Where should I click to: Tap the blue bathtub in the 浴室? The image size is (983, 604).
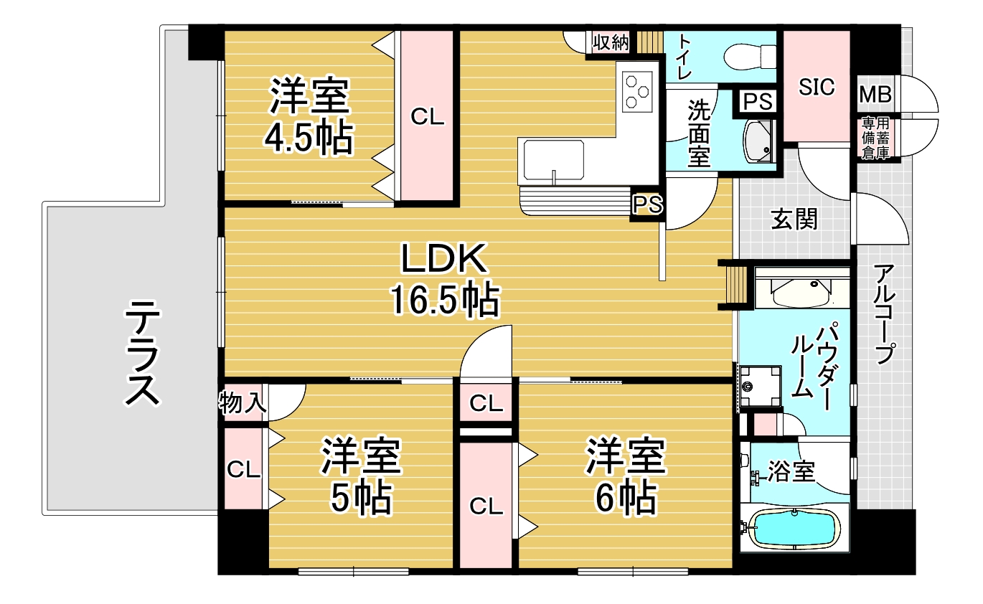795,529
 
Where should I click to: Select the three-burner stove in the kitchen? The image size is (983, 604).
636,92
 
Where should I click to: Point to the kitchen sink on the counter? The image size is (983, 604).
553,160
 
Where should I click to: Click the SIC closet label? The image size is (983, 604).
817,87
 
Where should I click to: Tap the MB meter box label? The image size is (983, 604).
875,94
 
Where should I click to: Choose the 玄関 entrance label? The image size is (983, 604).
794,219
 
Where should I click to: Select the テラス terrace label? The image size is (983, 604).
143,353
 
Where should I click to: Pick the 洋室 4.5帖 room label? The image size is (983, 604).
309,116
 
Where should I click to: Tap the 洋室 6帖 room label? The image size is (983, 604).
626,475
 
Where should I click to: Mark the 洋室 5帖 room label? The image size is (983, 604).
361,475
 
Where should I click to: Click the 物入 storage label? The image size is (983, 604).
243,402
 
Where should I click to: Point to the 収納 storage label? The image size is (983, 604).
611,42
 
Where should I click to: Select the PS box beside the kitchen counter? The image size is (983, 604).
648,204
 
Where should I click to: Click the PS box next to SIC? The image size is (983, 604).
758,102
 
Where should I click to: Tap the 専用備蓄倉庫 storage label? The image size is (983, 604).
876,138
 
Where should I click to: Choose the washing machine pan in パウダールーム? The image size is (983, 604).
760,386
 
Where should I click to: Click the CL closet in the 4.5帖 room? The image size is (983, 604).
428,116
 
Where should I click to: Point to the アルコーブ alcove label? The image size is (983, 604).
884,314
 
